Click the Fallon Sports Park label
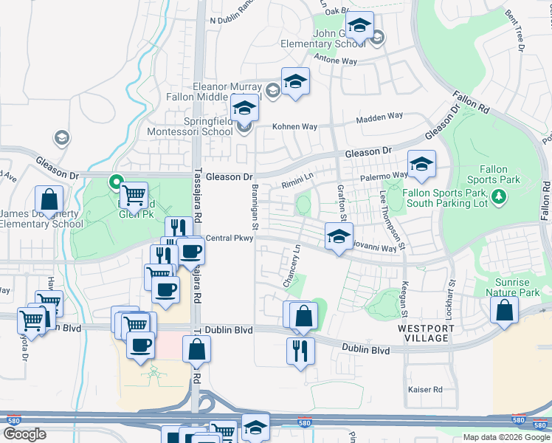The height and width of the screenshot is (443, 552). click(500, 174)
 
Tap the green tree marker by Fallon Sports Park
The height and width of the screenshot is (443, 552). click(500, 196)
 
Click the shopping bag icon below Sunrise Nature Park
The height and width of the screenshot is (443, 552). click(503, 312)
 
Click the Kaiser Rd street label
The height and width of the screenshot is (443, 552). click(427, 389)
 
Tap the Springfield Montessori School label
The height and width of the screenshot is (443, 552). click(198, 126)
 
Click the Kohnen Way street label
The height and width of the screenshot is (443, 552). click(295, 127)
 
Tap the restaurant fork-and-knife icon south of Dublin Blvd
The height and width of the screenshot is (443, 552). click(301, 350)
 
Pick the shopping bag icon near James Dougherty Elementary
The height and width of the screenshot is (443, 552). click(49, 200)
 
